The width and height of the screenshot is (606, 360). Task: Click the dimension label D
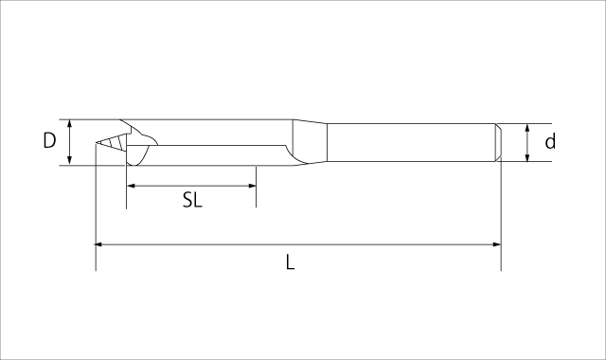pos(49,141)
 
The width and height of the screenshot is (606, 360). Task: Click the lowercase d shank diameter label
pos(550,141)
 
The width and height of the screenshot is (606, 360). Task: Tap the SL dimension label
pos(192,200)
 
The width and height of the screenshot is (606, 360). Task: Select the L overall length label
pos(291,262)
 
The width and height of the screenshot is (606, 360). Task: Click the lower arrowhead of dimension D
pos(69,161)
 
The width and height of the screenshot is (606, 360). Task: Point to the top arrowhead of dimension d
pos(526,128)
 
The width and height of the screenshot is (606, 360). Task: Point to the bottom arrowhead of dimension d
pos(526,157)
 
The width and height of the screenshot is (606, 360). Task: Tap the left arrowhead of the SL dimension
pos(131,186)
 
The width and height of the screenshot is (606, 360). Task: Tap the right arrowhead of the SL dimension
pos(252,186)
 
